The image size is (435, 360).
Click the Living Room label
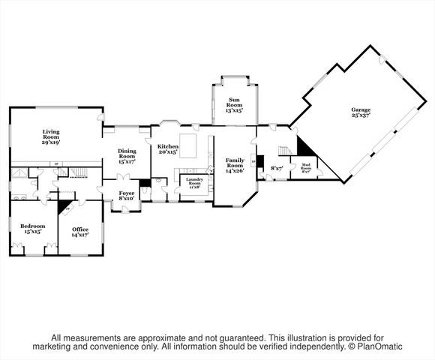coord(51,136)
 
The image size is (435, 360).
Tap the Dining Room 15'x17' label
coord(126,155)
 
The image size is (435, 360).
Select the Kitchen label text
coord(167,148)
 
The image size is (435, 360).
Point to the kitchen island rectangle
coord(194,145)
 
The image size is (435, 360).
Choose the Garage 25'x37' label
coord(361,113)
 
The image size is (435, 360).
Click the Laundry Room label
coord(193,183)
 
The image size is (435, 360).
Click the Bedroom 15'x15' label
coord(32,228)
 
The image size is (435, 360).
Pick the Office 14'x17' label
coord(79,232)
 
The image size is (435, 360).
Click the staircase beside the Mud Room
coord(285,151)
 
